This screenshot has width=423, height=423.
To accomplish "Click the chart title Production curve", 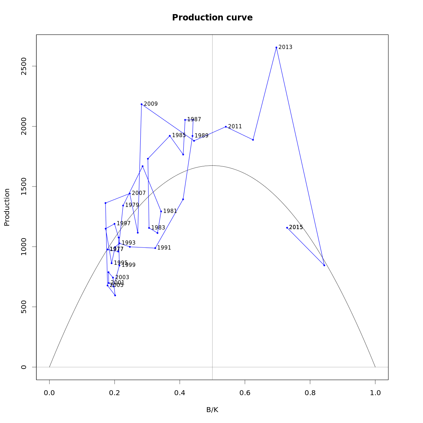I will pos(212,18).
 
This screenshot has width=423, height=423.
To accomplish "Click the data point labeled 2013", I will pos(276,47).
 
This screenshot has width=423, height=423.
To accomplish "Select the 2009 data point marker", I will pos(141,104).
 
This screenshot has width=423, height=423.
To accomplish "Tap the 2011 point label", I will pos(235,127).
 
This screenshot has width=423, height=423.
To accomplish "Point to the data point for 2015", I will pos(287,228).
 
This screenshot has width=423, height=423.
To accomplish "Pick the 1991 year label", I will pos(164,248).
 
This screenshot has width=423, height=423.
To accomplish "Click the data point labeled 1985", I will pos(170,136).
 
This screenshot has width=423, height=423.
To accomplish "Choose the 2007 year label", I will pos(139,193).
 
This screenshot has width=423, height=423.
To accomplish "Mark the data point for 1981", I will pos(161,211).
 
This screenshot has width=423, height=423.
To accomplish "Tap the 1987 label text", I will pos(194,119).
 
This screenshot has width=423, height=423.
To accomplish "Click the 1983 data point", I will pos(149,228).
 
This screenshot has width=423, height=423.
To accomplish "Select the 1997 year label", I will pos(124,223).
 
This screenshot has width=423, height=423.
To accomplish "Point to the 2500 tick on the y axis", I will pos(24,66).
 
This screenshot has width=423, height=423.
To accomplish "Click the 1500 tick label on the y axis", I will pos(24,186).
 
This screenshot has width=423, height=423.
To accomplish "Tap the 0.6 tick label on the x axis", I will pos(245,393).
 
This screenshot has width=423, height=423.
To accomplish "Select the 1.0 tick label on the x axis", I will pos(375,393).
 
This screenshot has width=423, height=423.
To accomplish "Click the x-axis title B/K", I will pos(212,410).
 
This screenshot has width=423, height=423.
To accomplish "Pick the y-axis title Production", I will pos(7,207).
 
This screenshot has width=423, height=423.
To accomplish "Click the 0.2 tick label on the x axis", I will pos(115,393).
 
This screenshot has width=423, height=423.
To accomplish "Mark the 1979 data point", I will pos(123,206).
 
